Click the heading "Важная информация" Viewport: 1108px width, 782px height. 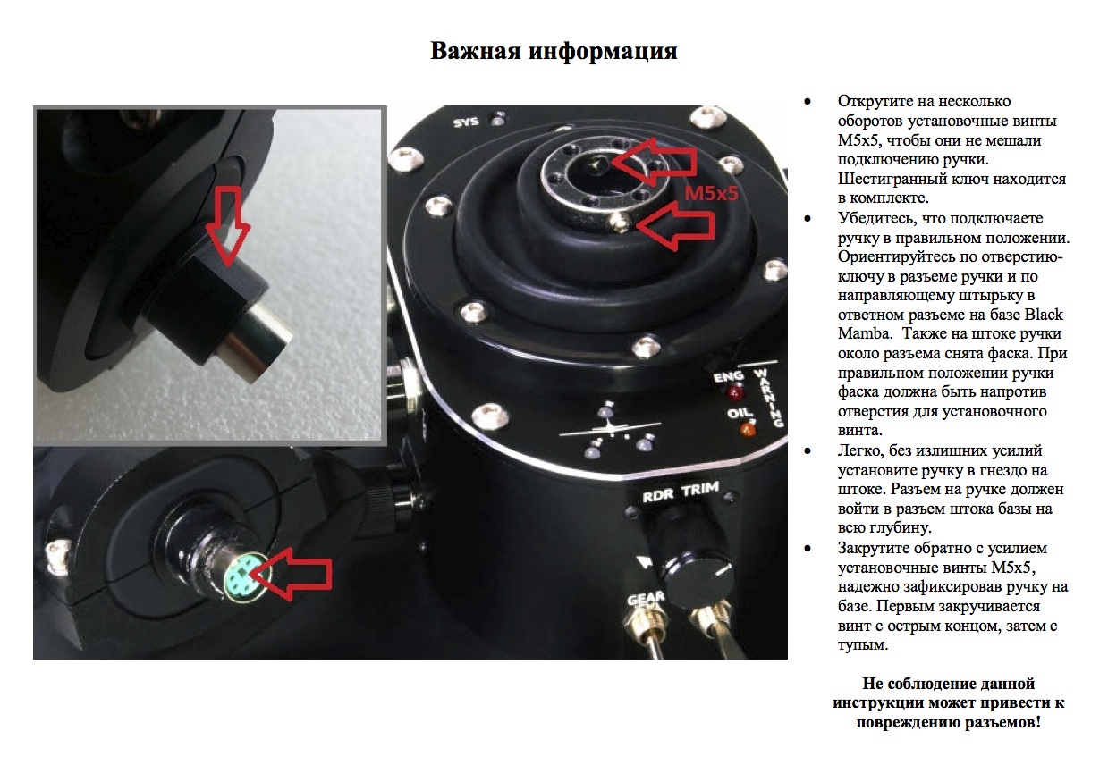[554, 52]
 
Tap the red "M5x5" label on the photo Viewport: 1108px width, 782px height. [711, 193]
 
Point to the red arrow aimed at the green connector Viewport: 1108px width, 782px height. [292, 574]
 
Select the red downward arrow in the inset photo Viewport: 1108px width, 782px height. [228, 226]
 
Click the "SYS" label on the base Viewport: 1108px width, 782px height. [466, 122]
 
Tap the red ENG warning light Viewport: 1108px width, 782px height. [734, 393]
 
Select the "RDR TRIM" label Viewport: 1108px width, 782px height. [681, 492]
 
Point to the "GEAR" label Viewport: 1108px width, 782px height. [646, 599]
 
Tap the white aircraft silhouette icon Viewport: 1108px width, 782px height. [610, 429]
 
